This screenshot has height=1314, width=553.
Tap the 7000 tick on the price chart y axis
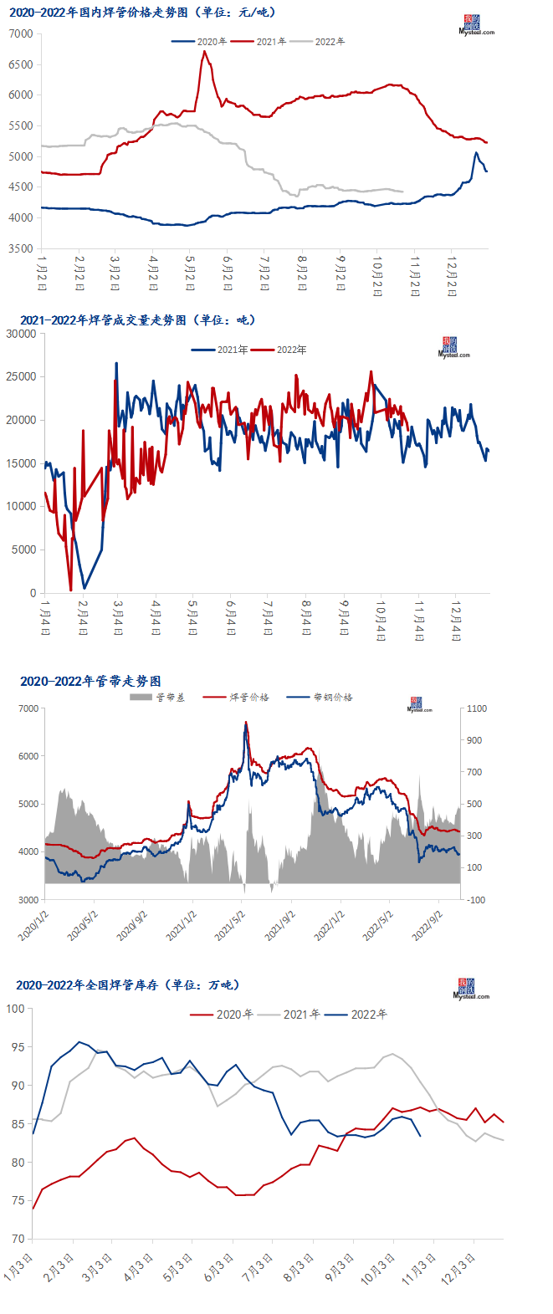[22, 33]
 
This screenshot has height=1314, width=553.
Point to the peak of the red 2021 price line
[204, 52]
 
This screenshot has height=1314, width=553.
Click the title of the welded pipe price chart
[141, 13]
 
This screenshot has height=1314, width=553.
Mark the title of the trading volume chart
[138, 320]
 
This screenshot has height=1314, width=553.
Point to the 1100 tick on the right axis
[477, 709]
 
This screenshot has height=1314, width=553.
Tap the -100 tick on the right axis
[477, 900]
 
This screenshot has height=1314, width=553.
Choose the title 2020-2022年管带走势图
[90, 682]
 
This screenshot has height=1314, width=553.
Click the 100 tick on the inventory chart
[15, 1009]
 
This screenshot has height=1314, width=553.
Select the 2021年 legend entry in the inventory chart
[301, 1015]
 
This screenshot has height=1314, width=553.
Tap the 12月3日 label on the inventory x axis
[467, 1268]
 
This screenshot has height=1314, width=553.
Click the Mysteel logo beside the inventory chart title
[471, 989]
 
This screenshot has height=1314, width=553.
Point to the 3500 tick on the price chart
[22, 248]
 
